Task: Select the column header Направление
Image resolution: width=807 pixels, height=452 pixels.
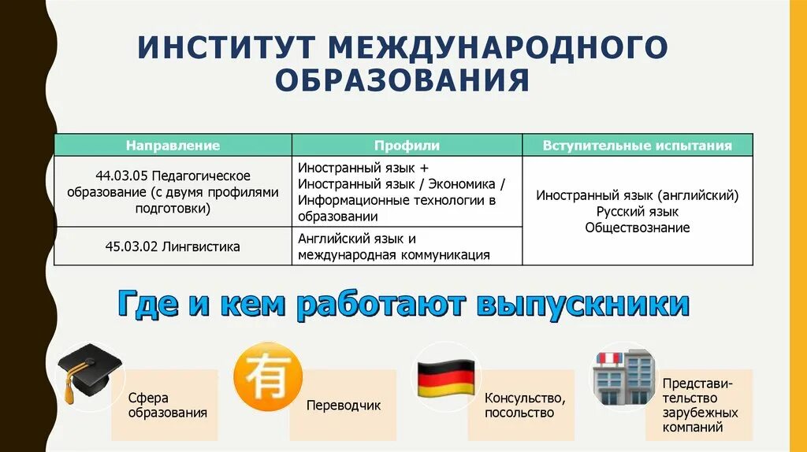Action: pyautogui.click(x=173, y=146)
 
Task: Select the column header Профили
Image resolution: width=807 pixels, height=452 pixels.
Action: pyautogui.click(x=407, y=146)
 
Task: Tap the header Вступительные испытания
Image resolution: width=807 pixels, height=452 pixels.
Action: pyautogui.click(x=637, y=146)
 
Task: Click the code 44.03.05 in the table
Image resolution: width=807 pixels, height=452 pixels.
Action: pyautogui.click(x=121, y=175)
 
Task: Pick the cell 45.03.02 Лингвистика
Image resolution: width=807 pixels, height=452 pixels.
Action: pyautogui.click(x=173, y=246)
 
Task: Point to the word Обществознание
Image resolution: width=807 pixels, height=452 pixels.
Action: pyautogui.click(x=637, y=228)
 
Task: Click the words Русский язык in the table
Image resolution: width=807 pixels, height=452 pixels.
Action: pyautogui.click(x=637, y=211)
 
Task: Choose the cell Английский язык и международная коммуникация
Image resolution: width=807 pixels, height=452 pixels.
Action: pyautogui.click(x=394, y=246)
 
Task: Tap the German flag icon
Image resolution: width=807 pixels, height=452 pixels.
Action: pyautogui.click(x=445, y=376)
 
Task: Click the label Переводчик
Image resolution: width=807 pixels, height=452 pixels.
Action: pyautogui.click(x=343, y=406)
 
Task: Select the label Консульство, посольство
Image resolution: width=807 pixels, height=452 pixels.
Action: pyautogui.click(x=525, y=406)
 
